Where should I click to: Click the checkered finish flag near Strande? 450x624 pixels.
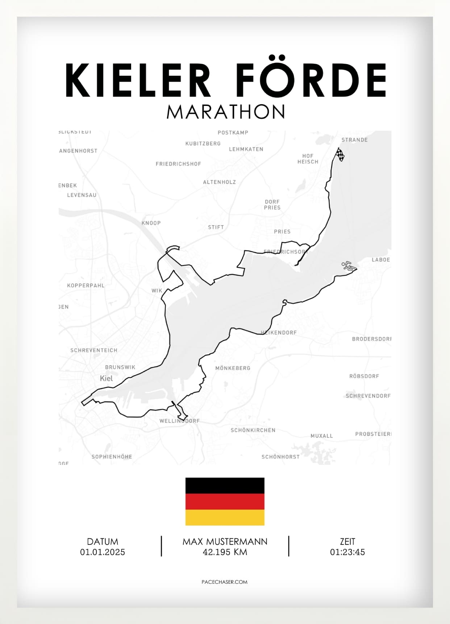(x=340, y=155)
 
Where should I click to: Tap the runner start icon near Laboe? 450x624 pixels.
(x=347, y=266)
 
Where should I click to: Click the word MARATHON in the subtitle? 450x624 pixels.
(x=225, y=112)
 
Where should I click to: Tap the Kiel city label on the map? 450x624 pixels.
(x=106, y=378)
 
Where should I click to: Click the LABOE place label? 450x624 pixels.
(x=381, y=260)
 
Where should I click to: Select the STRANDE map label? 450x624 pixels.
(x=354, y=140)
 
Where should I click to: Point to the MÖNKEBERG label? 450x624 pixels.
(x=233, y=368)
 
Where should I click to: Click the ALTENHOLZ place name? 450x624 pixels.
(x=219, y=182)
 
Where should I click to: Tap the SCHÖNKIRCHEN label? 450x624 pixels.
(x=253, y=430)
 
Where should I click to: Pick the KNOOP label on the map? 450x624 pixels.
(x=151, y=223)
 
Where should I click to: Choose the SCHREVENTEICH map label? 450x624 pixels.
(x=94, y=350)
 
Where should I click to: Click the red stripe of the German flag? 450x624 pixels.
(x=225, y=502)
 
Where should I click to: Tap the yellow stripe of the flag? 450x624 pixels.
(x=225, y=518)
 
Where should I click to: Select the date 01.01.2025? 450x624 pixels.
(x=103, y=552)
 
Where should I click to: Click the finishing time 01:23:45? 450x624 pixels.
(x=347, y=552)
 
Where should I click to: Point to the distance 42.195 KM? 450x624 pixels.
(x=225, y=552)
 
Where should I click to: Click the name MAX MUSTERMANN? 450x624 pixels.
(x=225, y=542)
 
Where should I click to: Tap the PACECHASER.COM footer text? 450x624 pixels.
(x=224, y=582)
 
